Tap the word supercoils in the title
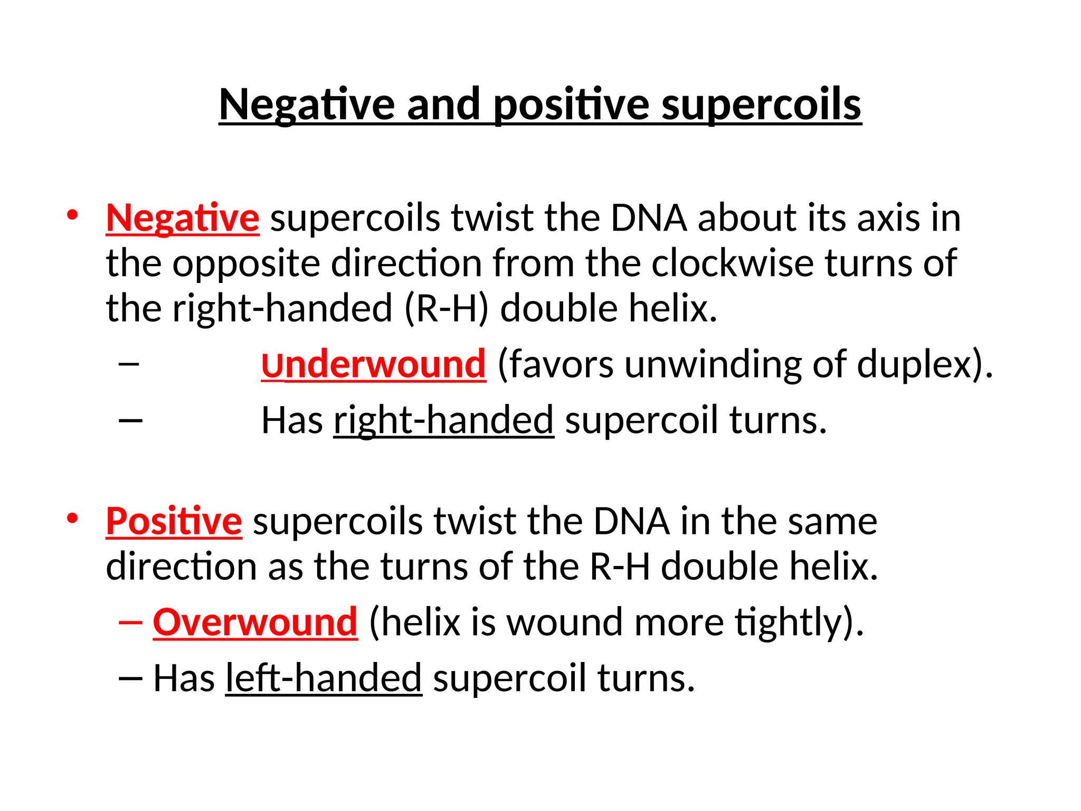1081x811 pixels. (761, 105)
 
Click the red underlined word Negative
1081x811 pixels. (183, 218)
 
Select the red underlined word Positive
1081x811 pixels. (174, 522)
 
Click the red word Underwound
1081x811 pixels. (373, 364)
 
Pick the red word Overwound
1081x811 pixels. (255, 623)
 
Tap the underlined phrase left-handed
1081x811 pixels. (324, 678)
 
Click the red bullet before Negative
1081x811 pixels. (72, 215)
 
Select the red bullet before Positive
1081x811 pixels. (72, 518)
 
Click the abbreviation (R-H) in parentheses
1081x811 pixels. (447, 308)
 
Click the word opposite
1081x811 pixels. (246, 263)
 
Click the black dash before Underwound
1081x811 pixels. (129, 364)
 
